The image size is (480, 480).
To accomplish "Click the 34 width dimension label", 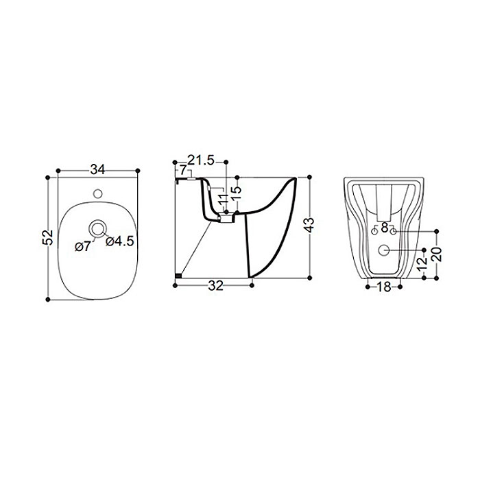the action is click(x=97, y=169).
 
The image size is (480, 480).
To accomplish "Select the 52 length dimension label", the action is click(x=48, y=237).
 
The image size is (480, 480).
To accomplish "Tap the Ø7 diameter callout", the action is click(x=83, y=246).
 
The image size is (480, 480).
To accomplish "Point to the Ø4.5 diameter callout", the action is click(x=120, y=241).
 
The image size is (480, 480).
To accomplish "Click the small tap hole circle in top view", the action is click(x=98, y=193).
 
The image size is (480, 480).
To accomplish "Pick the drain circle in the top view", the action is click(x=98, y=228).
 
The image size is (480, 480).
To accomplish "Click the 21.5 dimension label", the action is click(x=201, y=160).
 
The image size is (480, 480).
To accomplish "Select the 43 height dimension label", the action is click(x=310, y=226).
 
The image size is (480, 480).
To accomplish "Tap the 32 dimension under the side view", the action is click(x=216, y=286).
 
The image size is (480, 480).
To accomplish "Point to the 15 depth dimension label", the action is click(x=236, y=193).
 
